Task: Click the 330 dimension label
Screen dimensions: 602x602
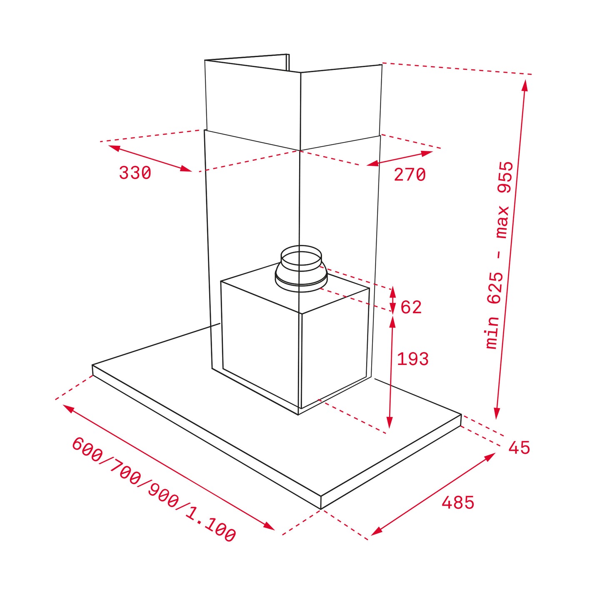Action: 135,173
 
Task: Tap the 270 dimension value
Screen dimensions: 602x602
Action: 410,175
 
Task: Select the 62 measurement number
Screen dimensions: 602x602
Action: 411,307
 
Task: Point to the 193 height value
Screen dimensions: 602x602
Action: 412,359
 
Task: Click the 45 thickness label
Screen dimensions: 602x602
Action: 519,448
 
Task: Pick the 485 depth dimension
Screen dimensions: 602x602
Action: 458,503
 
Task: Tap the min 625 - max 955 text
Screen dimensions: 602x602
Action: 500,255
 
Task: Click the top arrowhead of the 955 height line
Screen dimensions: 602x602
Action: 525,85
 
